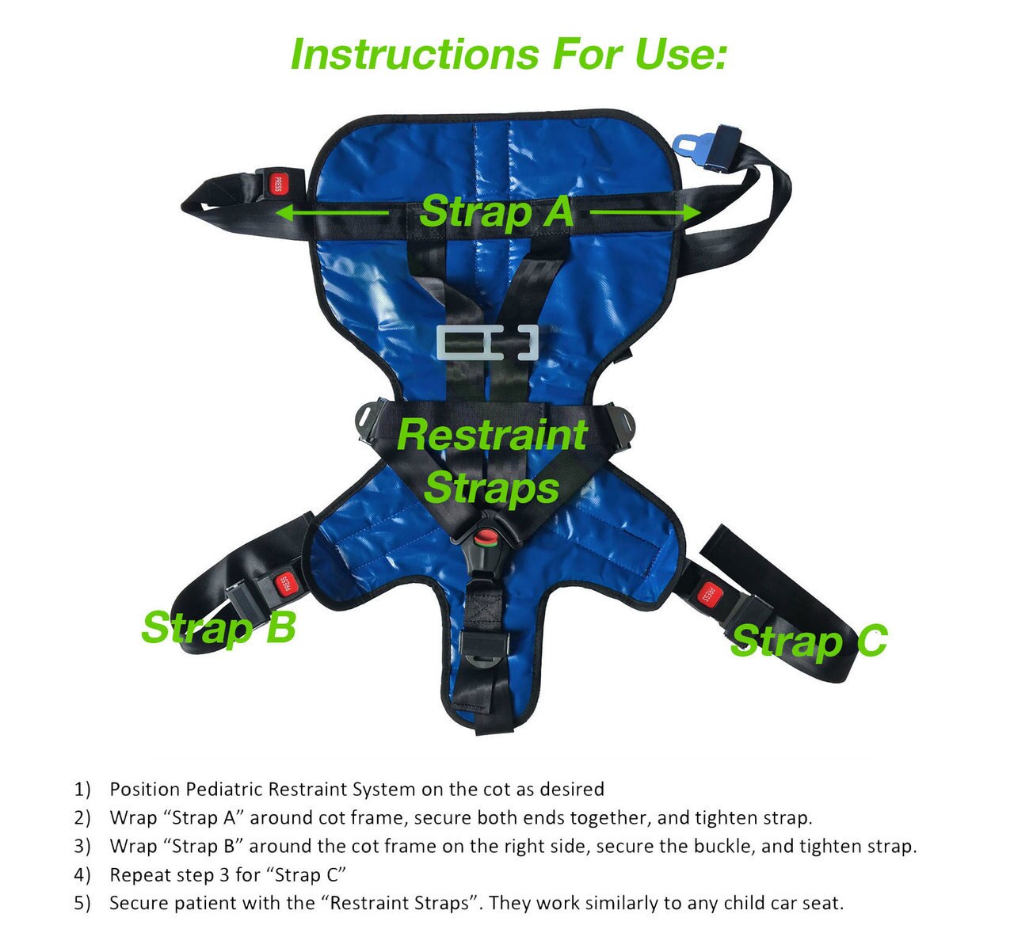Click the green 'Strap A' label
point(496,212)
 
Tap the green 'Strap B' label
point(219,627)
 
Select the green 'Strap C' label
point(808,640)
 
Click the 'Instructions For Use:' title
point(508,55)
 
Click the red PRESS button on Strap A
point(277,184)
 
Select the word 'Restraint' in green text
point(492,435)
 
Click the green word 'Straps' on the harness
point(492,487)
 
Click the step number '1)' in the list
point(83,790)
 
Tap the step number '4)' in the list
point(83,875)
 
